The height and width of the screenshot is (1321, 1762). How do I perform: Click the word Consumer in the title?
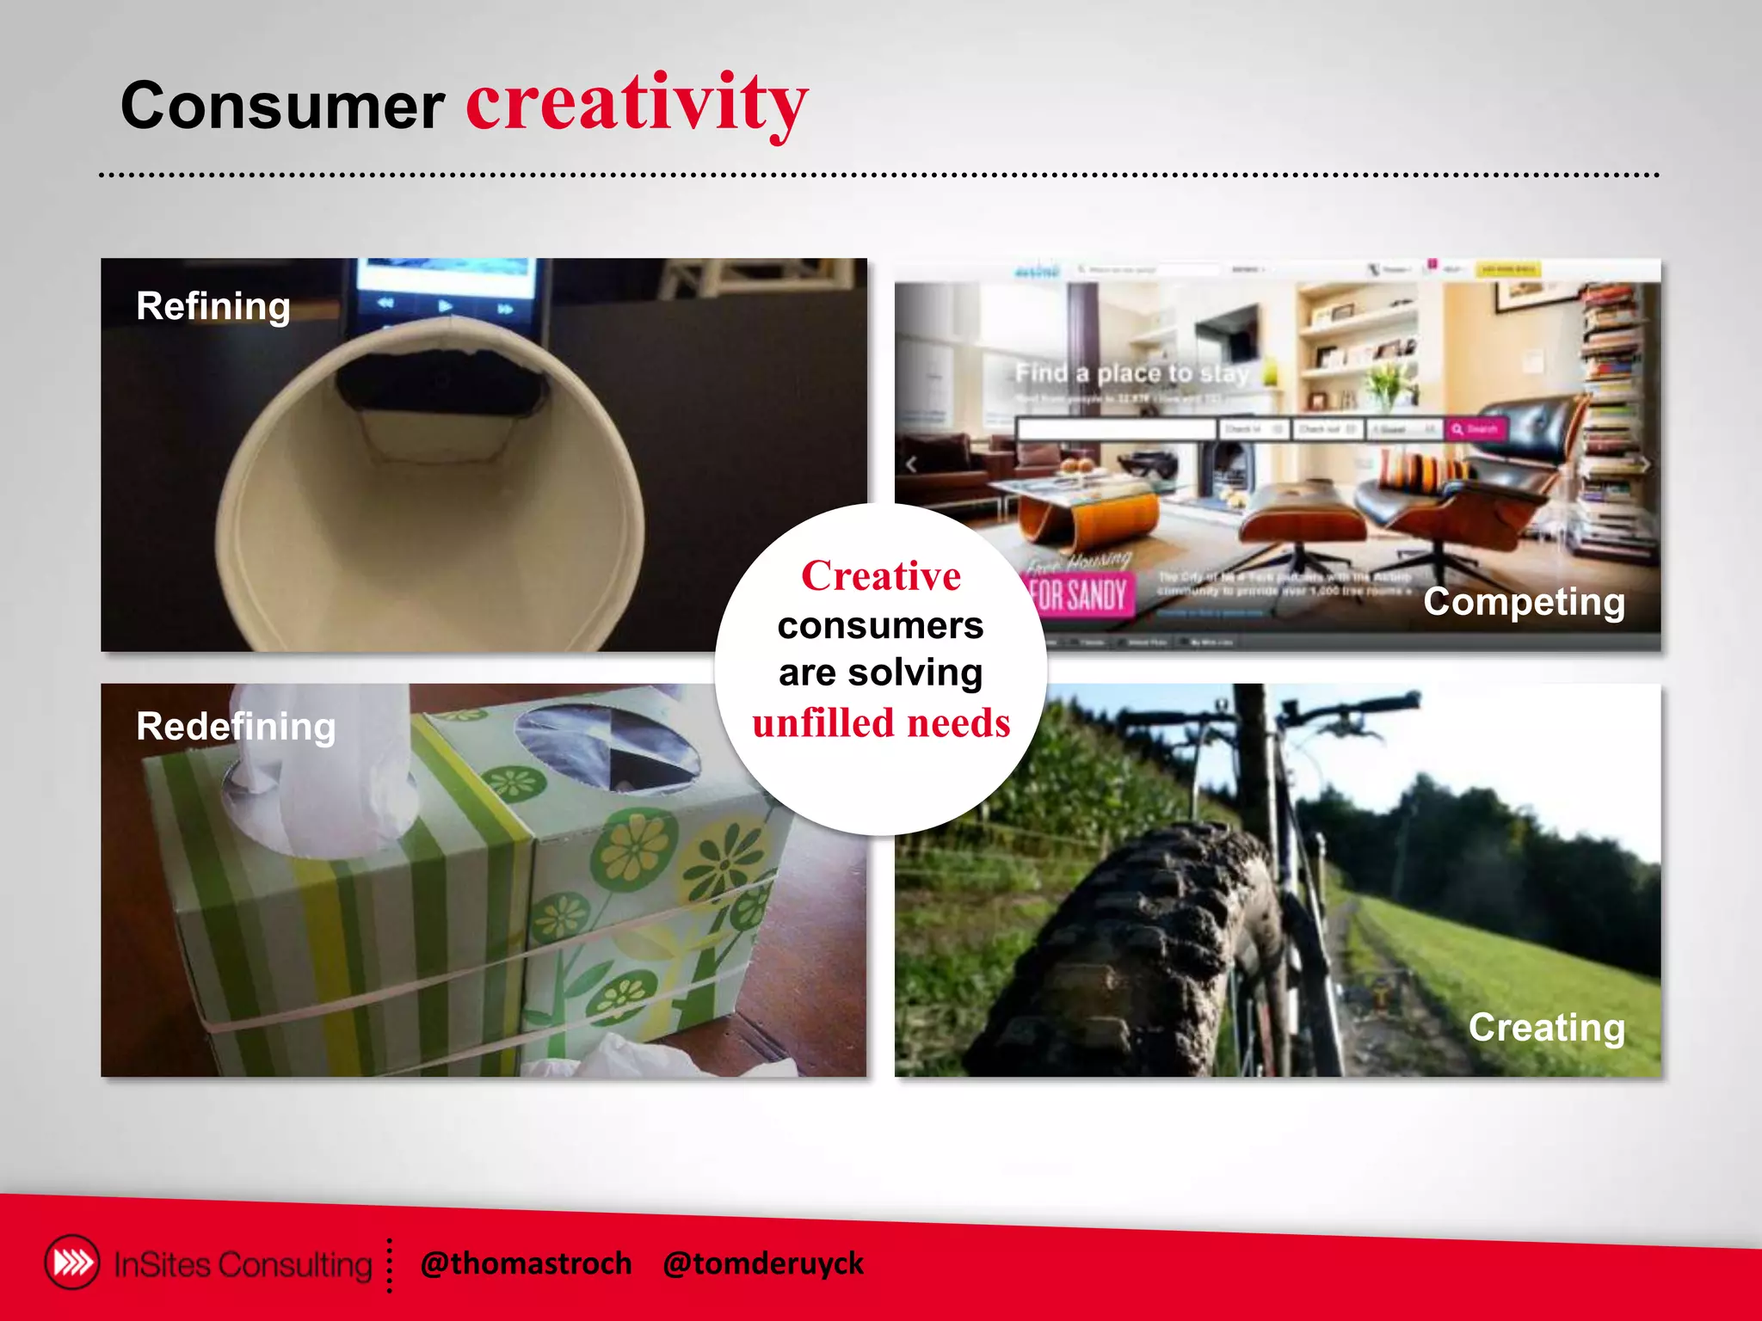click(282, 107)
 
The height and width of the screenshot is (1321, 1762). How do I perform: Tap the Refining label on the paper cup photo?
click(213, 306)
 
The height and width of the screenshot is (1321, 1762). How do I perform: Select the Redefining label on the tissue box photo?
click(236, 727)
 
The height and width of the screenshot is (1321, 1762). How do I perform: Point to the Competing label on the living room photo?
click(1524, 602)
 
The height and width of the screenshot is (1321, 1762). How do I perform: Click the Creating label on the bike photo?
click(1546, 1027)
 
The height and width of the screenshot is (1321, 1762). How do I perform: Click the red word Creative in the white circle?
click(881, 575)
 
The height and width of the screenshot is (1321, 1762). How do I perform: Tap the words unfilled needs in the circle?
click(881, 723)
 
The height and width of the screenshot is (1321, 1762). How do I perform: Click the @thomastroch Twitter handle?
click(526, 1263)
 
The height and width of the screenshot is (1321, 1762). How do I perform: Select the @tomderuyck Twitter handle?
click(762, 1263)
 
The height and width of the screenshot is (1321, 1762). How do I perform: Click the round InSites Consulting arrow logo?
click(72, 1263)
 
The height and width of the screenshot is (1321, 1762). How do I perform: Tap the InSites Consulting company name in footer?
click(243, 1264)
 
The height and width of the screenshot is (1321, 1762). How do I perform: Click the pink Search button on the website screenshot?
click(1476, 428)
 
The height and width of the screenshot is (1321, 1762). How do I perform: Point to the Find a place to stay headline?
click(1131, 373)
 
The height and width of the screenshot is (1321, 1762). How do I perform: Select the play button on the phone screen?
click(445, 305)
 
